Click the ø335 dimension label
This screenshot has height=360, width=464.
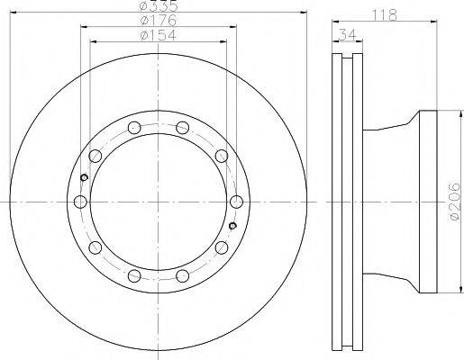coord(159,5)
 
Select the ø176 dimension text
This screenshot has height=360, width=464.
coord(159,21)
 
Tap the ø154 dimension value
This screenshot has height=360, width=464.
coord(159,35)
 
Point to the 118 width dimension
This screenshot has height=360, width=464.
coord(385,15)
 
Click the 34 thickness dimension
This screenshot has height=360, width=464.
coord(348,34)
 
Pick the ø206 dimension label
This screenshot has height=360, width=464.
coord(455,202)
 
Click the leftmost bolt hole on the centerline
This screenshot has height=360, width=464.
coord(80,202)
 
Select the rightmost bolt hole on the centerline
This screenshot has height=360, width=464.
coord(236,202)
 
